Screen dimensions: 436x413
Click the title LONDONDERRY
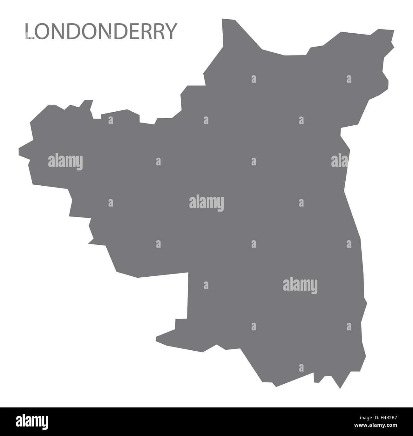click(100, 32)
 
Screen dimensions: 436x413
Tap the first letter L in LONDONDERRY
click(30, 32)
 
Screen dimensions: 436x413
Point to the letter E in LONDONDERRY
click(130, 32)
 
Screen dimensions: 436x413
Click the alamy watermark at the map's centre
click(206, 203)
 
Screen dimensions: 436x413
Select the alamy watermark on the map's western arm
click(65, 162)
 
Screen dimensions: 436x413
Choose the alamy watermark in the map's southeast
click(300, 285)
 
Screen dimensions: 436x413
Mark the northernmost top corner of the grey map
click(222, 20)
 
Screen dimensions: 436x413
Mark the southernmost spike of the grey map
click(340, 388)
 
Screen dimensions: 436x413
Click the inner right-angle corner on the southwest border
click(188, 273)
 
